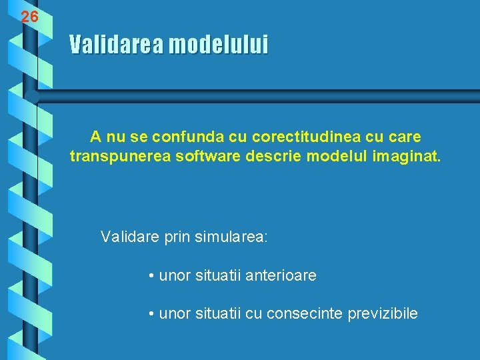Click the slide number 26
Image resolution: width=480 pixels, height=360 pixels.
click(x=29, y=17)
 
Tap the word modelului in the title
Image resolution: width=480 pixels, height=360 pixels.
click(x=218, y=45)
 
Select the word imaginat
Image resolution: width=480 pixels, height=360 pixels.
click(x=411, y=157)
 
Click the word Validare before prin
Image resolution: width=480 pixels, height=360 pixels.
click(x=129, y=237)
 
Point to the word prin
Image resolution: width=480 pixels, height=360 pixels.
click(x=177, y=237)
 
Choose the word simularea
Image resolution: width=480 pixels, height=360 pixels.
click(x=231, y=237)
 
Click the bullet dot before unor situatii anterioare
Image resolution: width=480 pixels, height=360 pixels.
click(x=153, y=275)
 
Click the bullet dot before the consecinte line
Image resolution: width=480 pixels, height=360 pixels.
click(x=153, y=314)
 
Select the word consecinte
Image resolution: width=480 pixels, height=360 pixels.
click(x=304, y=313)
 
